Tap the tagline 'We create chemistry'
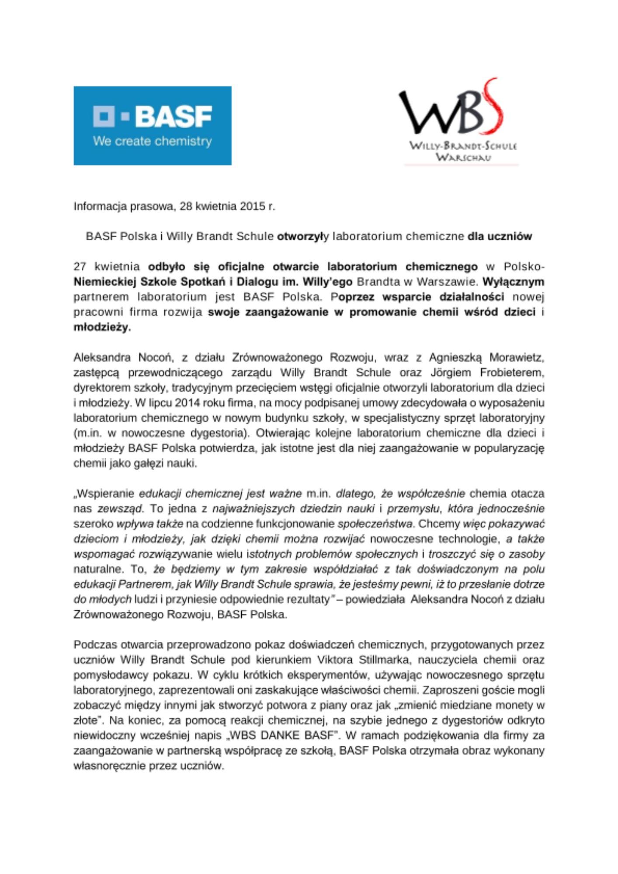coord(152,142)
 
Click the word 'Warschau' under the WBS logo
coord(463,157)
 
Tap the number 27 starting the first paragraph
coord(80,267)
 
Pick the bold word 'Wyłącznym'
coord(513,282)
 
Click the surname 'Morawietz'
coord(516,357)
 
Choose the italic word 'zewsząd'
coord(120,509)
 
